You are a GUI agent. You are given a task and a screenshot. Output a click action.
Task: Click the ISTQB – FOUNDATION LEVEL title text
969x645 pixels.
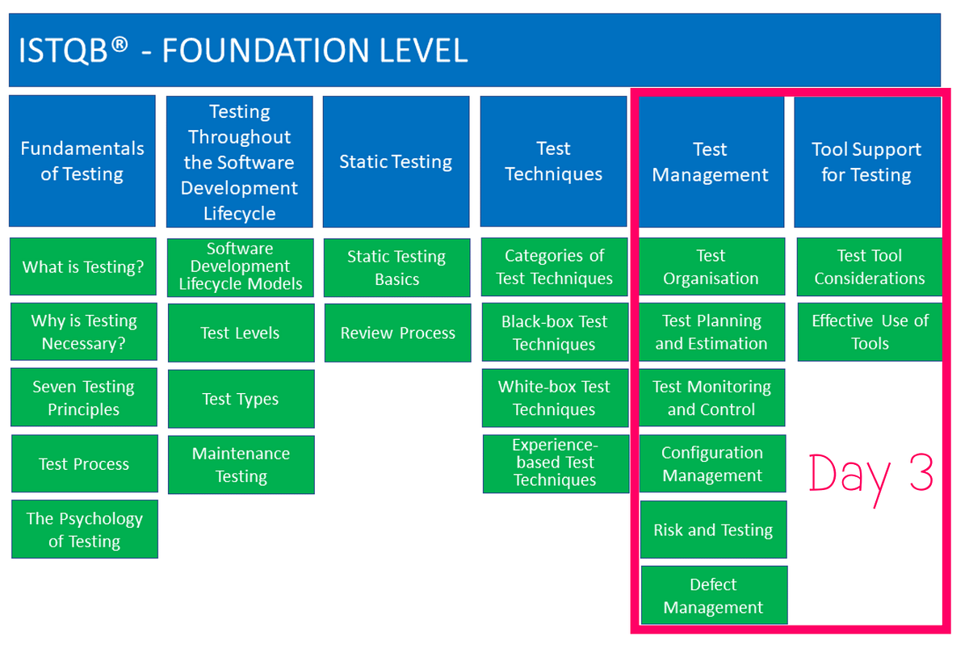point(243,51)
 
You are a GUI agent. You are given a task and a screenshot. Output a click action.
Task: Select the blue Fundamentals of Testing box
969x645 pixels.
point(82,161)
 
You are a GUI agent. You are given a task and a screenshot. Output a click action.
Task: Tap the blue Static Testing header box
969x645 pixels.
point(396,161)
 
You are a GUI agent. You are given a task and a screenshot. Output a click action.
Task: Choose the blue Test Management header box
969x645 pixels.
point(711,161)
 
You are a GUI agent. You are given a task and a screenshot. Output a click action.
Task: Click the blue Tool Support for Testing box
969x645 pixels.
point(867,161)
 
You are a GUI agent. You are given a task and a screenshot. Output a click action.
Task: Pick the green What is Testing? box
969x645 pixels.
point(83,266)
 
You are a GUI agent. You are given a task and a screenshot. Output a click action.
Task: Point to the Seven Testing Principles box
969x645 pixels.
point(83,398)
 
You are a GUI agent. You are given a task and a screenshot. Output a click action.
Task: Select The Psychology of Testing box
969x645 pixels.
point(84,530)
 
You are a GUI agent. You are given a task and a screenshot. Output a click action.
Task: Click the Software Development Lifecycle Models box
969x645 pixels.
point(241,266)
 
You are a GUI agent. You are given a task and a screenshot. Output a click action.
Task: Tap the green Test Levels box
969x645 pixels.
point(241,333)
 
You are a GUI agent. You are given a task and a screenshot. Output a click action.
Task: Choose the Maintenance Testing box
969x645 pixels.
point(241,465)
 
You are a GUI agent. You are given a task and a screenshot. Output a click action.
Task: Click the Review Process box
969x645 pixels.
point(397,333)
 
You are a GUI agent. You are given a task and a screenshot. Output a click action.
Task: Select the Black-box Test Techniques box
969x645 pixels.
point(554,332)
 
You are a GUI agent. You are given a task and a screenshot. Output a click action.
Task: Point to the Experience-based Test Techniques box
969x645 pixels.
point(556,463)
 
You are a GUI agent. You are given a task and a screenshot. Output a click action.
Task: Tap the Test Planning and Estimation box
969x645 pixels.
point(711,332)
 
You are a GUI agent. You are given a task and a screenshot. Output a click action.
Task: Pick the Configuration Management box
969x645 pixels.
point(712,463)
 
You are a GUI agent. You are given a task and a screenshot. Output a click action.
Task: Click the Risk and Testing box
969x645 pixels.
point(713,530)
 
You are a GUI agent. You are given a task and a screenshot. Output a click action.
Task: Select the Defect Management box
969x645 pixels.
point(714,596)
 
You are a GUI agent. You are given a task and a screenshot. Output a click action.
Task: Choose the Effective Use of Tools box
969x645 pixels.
point(870,332)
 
